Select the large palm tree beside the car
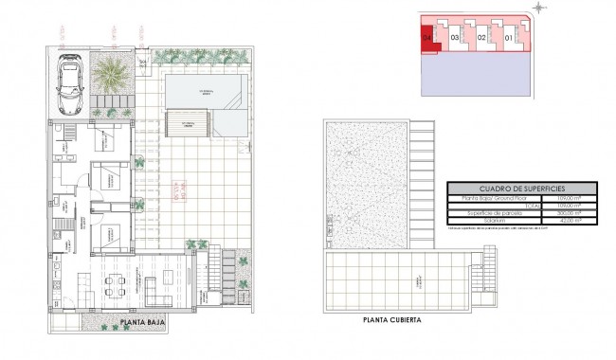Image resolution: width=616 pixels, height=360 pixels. [x=111, y=73]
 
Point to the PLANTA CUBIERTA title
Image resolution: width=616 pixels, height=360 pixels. [x=391, y=320]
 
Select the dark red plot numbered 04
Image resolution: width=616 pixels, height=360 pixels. [x=428, y=37]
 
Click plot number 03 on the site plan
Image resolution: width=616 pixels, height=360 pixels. [x=455, y=37]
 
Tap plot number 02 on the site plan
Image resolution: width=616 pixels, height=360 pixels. [x=481, y=37]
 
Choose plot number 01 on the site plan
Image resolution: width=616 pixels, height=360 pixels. [x=508, y=37]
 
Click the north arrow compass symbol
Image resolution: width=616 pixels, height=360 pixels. [x=541, y=9]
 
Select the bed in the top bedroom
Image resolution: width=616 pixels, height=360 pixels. [x=112, y=175]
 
